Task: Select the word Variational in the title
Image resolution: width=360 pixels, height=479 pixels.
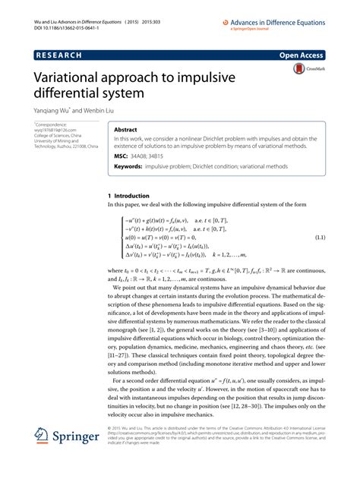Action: [73, 78]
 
